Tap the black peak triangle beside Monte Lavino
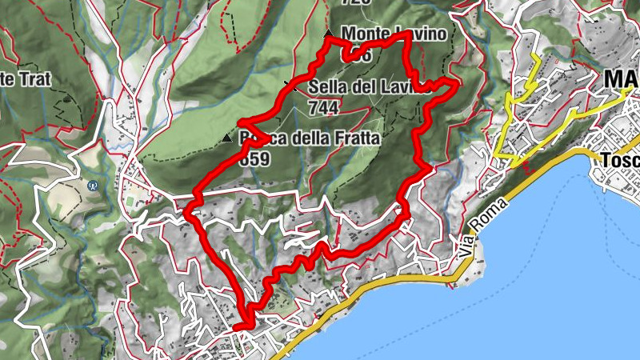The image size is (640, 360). coord(328,34)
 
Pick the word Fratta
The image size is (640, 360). coord(353,138)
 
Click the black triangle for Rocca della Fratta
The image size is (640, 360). coord(226,139)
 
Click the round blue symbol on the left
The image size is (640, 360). coord(92,185)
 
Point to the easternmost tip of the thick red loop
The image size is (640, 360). coord(458,82)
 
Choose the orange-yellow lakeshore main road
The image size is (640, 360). coord(376,287)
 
